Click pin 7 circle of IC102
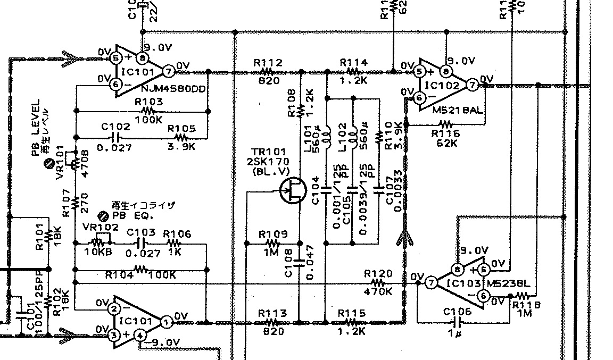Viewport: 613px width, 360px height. click(471, 84)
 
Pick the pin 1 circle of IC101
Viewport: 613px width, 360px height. click(166, 322)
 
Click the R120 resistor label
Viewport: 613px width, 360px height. click(378, 273)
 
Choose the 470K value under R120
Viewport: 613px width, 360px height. click(378, 291)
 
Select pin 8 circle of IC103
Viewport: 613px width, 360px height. click(457, 270)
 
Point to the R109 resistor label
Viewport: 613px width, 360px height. click(273, 234)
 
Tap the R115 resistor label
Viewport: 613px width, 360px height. click(351, 314)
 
